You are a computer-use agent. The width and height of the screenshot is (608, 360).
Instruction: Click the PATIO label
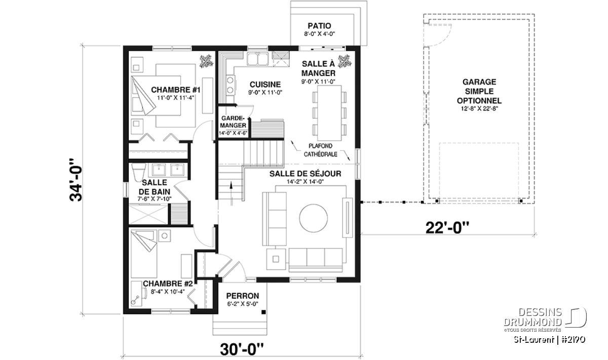pos(319,26)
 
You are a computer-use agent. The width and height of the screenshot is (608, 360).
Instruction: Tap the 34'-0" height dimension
pos(76,180)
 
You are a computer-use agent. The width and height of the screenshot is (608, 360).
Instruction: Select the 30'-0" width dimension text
pos(242,349)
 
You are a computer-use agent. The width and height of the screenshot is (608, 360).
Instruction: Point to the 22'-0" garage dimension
pos(447,228)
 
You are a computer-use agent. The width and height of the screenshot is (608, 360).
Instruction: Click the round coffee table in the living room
pos(313,218)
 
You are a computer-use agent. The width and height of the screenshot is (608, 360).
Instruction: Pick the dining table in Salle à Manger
pos(329,113)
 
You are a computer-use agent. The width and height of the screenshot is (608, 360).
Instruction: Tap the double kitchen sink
pos(257,59)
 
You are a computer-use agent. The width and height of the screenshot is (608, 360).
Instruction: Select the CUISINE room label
pos(265,85)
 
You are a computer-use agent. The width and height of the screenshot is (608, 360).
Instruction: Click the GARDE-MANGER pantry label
pos(233,122)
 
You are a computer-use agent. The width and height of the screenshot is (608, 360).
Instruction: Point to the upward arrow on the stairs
pos(231,193)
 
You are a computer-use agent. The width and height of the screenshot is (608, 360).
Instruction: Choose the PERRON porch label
pos(242,296)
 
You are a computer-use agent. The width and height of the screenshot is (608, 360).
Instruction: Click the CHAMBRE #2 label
pos(168,284)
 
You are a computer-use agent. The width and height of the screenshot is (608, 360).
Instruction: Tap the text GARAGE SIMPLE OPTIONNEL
pos(479,92)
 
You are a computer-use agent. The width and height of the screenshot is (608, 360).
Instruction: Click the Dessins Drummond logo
pos(545,320)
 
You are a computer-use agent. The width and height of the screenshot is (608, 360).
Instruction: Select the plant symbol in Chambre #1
pos(207,61)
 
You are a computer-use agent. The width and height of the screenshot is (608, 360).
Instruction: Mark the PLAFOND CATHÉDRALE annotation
pos(320,150)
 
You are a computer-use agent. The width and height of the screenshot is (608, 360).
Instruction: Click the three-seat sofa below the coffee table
pos(316,260)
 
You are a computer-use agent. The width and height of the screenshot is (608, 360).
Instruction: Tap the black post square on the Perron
pos(263,312)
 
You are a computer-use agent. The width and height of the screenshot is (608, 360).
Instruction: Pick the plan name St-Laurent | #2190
pos(549,340)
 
